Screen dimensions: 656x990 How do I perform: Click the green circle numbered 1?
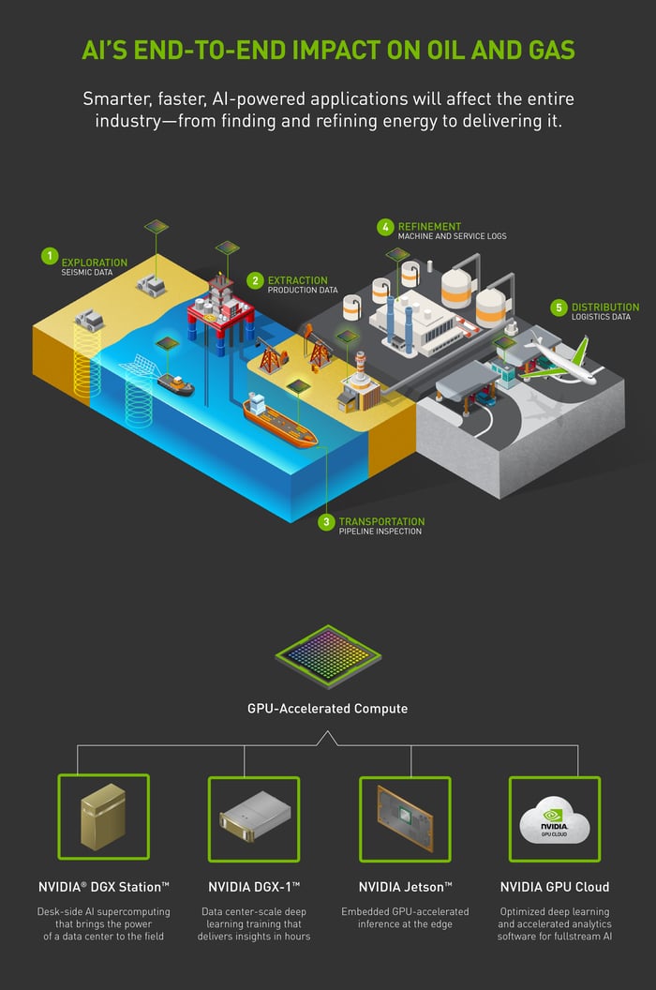[x=50, y=256]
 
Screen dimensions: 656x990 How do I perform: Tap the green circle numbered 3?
[x=326, y=522]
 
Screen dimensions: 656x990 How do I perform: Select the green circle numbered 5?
[x=559, y=307]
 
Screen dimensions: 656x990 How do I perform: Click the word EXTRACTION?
[x=297, y=280]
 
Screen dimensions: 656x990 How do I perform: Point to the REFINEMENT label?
[x=429, y=227]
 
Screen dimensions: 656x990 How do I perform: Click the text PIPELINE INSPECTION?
[x=380, y=532]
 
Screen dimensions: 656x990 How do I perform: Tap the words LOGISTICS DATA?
[x=601, y=317]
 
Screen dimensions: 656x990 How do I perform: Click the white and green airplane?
[x=559, y=363]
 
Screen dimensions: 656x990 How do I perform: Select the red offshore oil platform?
[x=220, y=309]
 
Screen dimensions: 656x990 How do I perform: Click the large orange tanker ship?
[x=278, y=419]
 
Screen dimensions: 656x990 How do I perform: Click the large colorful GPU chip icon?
[x=328, y=657]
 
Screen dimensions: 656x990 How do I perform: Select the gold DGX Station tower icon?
[x=103, y=817]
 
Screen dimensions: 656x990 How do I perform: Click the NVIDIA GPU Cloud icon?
[x=555, y=819]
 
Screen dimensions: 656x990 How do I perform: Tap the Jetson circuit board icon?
[x=405, y=818]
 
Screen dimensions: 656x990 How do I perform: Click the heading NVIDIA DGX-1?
[x=254, y=887]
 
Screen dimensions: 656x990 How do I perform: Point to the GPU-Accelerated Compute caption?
[x=328, y=709]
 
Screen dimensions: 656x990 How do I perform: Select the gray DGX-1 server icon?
[x=255, y=817]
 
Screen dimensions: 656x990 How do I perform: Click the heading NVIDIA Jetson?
[x=406, y=887]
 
